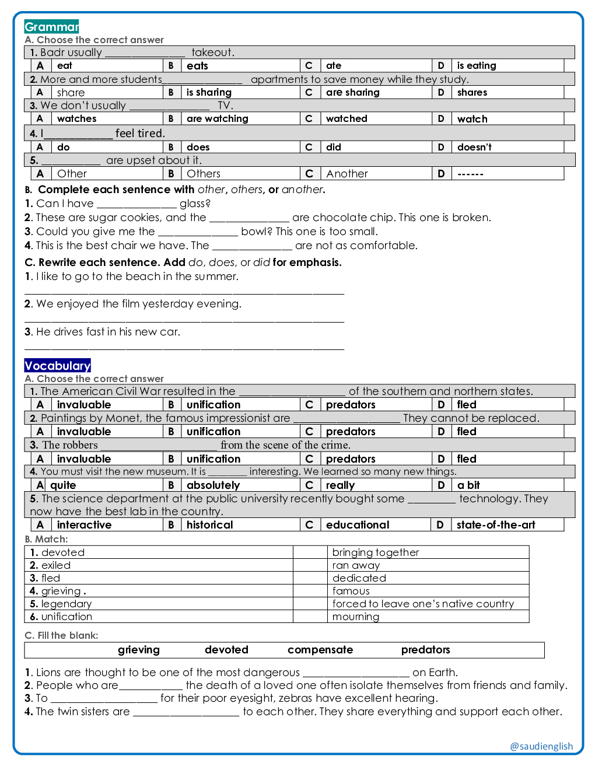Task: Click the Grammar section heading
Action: [x=51, y=27]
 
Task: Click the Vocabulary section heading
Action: [x=57, y=366]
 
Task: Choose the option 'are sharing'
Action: [x=352, y=92]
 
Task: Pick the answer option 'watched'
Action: [x=346, y=118]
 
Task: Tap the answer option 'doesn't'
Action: [x=474, y=147]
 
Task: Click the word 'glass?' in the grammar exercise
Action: [x=195, y=203]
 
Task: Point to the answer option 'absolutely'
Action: [x=213, y=485]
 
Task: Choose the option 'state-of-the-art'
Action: [x=495, y=524]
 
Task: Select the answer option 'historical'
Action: [x=209, y=524]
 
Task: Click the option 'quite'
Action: [x=63, y=485]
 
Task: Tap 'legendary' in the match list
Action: [x=66, y=604]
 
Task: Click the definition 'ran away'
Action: [x=356, y=565]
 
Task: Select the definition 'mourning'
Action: [x=355, y=617]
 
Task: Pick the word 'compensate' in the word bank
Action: [x=320, y=650]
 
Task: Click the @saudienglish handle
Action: [x=541, y=746]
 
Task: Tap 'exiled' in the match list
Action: [x=55, y=565]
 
